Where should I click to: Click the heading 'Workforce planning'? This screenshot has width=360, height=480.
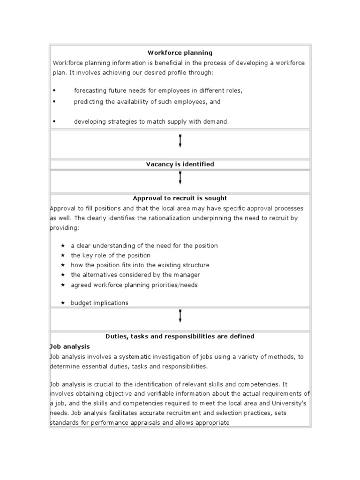(x=180, y=53)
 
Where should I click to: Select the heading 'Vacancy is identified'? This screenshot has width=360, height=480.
(x=180, y=164)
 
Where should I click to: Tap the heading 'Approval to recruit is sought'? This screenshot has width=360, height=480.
(x=180, y=198)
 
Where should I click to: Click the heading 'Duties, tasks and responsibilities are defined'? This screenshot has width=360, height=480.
(x=180, y=336)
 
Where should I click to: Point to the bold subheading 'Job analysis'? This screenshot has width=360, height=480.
(x=69, y=346)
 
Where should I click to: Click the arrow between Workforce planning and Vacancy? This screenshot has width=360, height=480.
(x=180, y=141)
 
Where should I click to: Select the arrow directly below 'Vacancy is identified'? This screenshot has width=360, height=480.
(x=180, y=178)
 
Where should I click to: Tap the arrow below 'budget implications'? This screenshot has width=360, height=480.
(x=180, y=316)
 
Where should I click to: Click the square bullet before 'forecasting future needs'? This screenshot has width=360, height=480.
(x=54, y=90)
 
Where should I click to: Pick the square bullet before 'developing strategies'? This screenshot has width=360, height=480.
(x=54, y=121)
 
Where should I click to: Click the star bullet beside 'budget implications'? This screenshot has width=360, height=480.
(x=63, y=303)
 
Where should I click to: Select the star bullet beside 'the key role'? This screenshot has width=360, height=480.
(x=63, y=255)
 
